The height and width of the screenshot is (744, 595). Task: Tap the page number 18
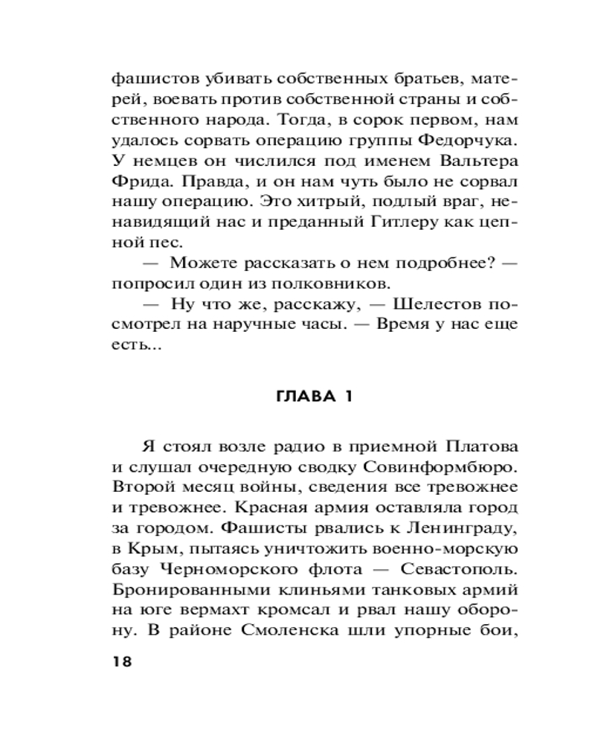[x=121, y=662]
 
